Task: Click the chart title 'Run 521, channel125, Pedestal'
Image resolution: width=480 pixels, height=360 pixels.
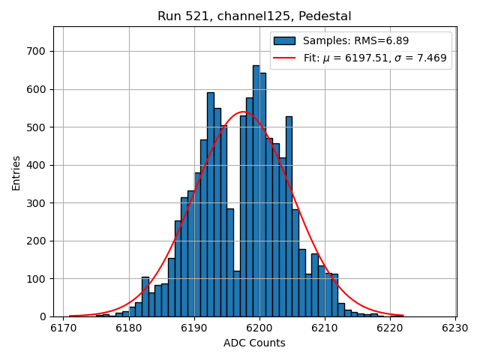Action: click(254, 16)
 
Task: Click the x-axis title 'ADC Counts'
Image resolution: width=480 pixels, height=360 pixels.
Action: click(254, 343)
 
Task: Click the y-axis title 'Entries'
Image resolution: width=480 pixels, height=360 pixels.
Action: click(16, 173)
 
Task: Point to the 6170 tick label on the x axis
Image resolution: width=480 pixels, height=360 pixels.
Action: click(63, 328)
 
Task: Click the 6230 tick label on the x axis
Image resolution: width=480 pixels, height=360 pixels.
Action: click(455, 328)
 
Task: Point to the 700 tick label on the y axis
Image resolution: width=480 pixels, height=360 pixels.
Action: click(36, 52)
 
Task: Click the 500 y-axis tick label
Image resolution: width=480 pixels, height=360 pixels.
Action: click(36, 127)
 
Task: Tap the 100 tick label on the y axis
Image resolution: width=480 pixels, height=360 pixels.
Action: click(36, 279)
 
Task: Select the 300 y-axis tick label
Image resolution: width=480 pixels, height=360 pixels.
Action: click(36, 203)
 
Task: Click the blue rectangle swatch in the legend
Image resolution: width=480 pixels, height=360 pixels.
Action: click(284, 41)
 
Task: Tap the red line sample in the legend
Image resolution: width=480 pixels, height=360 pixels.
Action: click(284, 58)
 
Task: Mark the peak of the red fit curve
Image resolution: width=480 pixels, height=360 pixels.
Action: click(243, 112)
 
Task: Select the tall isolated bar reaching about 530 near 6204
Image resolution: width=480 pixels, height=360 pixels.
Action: click(289, 217)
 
